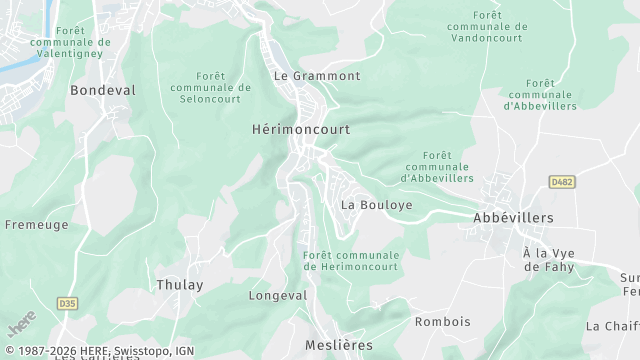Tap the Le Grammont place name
(317, 76)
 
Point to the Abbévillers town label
(512, 217)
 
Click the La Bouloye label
(377, 204)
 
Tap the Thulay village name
(180, 285)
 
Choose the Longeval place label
(278, 296)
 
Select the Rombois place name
(442, 322)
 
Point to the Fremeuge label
(37, 225)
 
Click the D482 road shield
(562, 182)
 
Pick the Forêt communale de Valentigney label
(71, 44)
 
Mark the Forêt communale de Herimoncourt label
(350, 261)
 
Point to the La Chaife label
(612, 326)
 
